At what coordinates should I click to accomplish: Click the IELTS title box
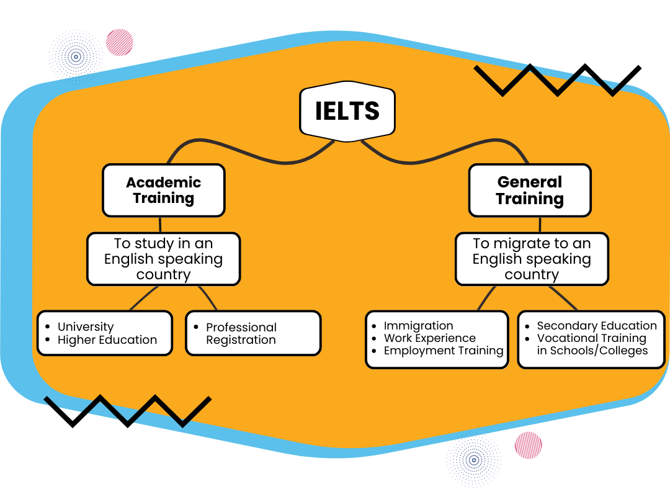[x=347, y=111]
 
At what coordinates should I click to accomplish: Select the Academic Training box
[x=163, y=191]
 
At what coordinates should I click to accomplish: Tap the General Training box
[x=529, y=191]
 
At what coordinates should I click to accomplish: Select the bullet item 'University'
[x=86, y=326]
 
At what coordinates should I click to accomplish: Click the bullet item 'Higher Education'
[x=107, y=340]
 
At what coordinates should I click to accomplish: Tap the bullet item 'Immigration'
[x=418, y=326]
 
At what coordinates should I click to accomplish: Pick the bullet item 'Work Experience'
[x=429, y=338]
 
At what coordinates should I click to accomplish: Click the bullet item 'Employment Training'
[x=443, y=351]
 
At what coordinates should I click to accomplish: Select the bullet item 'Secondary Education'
[x=596, y=326]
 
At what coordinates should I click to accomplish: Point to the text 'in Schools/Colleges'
[x=592, y=351]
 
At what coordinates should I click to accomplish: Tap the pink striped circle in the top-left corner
[x=120, y=42]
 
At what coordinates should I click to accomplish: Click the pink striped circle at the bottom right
[x=529, y=445]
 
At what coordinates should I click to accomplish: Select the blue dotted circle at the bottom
[x=474, y=460]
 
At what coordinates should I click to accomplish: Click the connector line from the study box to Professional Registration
[x=208, y=298]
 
